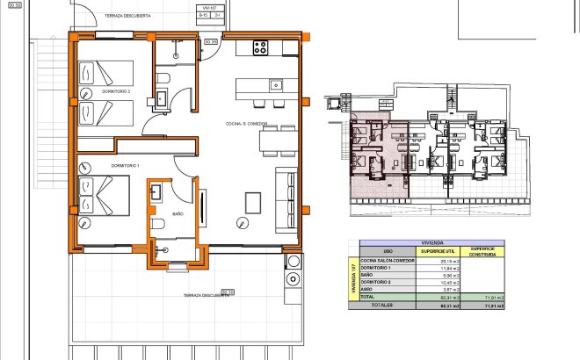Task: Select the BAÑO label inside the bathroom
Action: click(178, 213)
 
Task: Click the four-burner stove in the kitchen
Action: click(261, 48)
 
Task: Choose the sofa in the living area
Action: click(286, 198)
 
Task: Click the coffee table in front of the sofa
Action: click(253, 202)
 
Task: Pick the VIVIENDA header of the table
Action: click(431, 242)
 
